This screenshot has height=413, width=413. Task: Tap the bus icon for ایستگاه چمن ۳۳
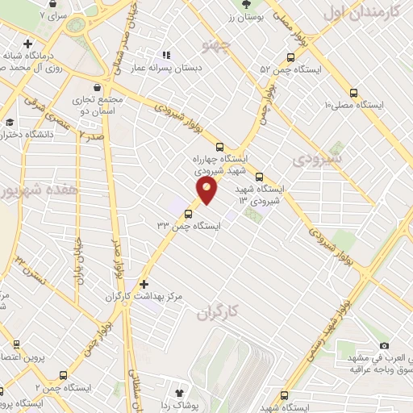(x=188, y=214)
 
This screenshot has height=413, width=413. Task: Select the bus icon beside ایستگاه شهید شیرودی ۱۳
(x=259, y=177)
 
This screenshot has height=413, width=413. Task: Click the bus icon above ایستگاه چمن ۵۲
(x=290, y=57)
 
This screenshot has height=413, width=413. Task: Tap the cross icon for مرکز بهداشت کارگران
(x=144, y=284)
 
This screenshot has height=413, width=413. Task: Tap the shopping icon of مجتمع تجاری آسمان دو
(x=97, y=87)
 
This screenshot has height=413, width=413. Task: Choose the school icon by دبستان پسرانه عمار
(x=166, y=56)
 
